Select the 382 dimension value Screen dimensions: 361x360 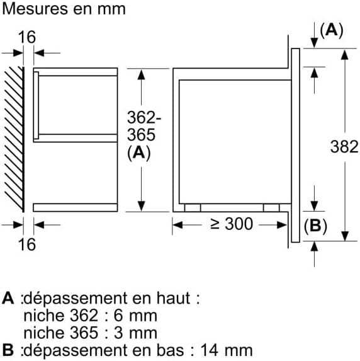(x=344, y=147)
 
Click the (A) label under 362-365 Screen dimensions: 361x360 (x=140, y=153)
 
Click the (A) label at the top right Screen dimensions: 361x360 (x=331, y=30)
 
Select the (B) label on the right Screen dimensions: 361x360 (x=315, y=226)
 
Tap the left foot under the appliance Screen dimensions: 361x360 (x=192, y=207)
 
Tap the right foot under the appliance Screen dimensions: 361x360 (x=271, y=207)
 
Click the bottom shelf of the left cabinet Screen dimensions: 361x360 (x=75, y=207)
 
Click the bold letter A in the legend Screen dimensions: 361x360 (x=8, y=297)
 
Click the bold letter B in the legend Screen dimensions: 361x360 (x=8, y=350)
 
